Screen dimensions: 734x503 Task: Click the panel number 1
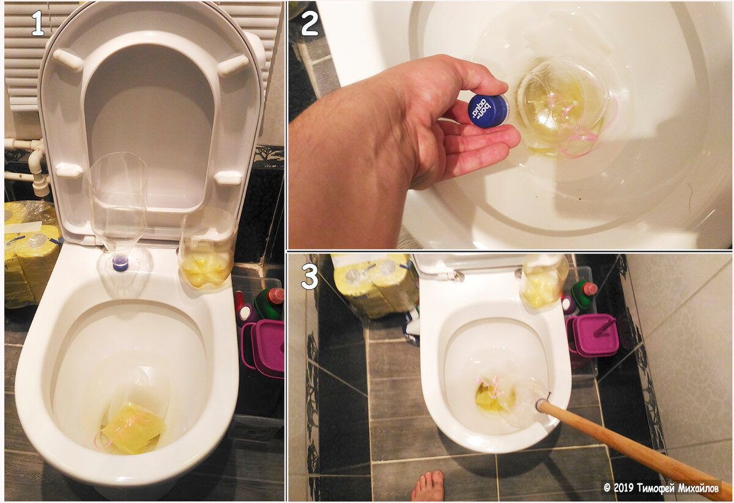[x=38, y=23]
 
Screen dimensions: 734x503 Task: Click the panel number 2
[x=310, y=24]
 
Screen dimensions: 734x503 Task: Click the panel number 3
[x=310, y=277]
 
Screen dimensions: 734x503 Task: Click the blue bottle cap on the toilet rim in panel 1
[x=120, y=263]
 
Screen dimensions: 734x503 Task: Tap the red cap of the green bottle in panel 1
[x=275, y=296]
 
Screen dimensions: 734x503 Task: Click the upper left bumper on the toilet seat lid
[x=68, y=61]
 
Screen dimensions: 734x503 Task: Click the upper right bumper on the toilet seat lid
[x=234, y=65]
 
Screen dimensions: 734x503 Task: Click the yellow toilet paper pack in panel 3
[x=374, y=285]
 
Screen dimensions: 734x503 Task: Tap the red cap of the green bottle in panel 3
[x=590, y=288]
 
